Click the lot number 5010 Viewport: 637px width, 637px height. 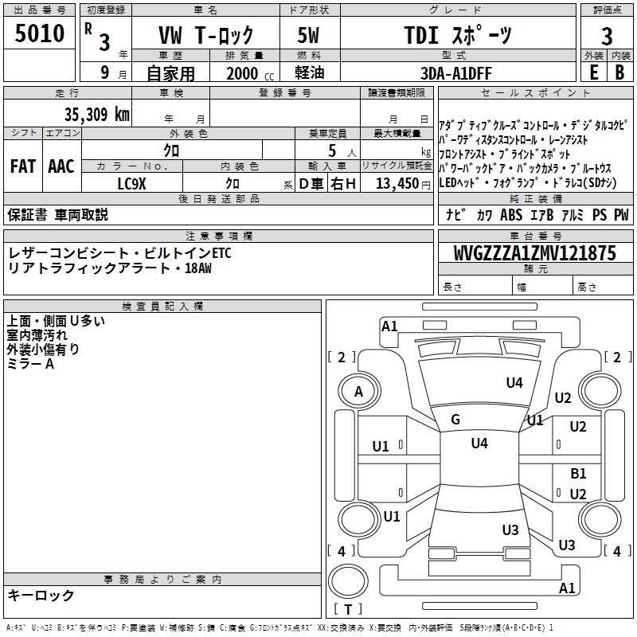(40, 34)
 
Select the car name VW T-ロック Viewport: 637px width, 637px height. (205, 36)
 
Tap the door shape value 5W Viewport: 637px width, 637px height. (308, 36)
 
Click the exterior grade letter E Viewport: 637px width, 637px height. (593, 72)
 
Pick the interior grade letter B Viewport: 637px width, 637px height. (620, 72)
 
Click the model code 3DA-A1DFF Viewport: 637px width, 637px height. (456, 73)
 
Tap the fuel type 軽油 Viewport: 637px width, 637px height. (308, 73)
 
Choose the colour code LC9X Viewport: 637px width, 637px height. (132, 183)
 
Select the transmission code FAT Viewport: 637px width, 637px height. (22, 166)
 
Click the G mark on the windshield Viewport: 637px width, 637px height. (455, 420)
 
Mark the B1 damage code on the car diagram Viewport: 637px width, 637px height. (578, 474)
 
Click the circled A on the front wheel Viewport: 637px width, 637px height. (358, 392)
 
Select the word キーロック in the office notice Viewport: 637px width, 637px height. (41, 596)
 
